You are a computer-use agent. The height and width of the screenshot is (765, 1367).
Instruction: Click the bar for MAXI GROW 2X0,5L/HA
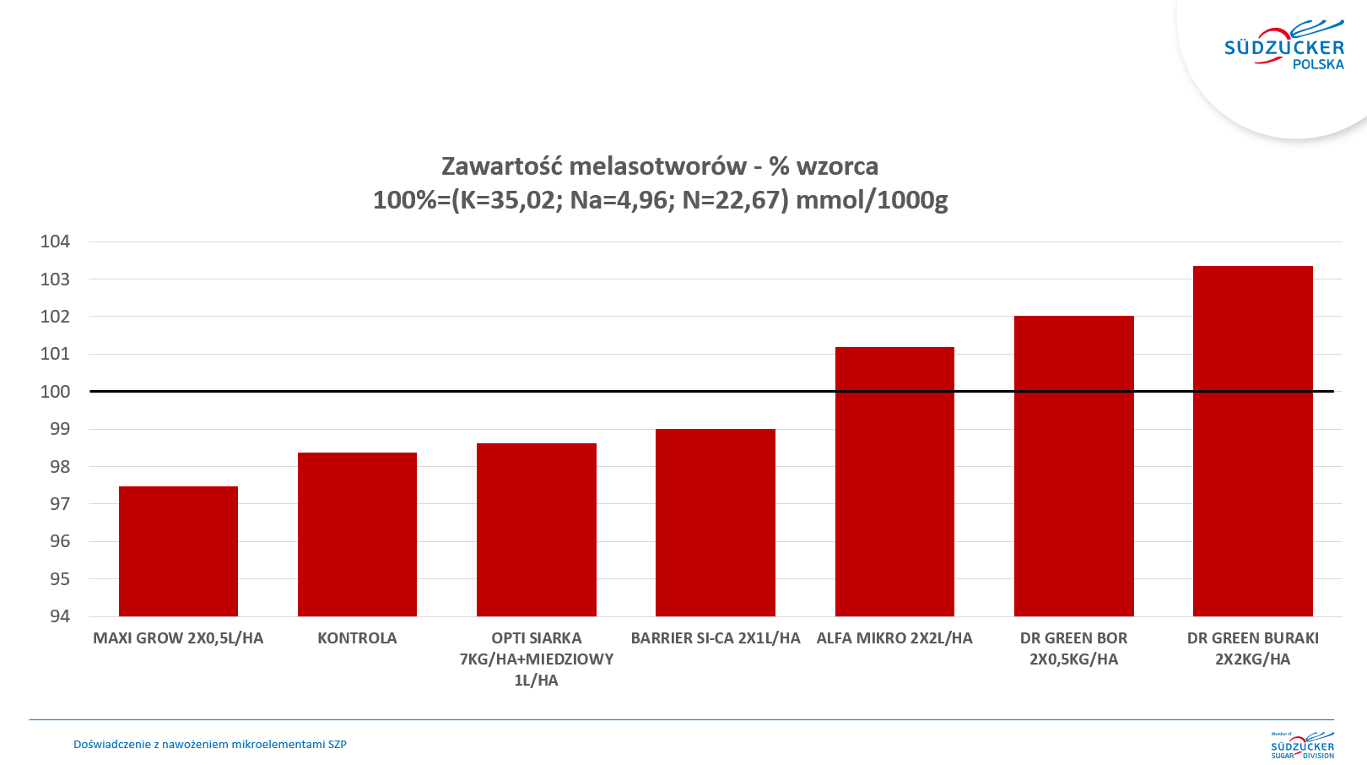tap(178, 551)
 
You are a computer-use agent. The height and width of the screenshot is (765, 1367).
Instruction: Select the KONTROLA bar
tap(357, 534)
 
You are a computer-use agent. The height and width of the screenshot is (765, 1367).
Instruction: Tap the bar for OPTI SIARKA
tap(537, 529)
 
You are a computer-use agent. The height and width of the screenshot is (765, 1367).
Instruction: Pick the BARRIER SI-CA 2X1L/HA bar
tap(716, 522)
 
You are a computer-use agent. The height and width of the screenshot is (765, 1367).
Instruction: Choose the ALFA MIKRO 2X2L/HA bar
tap(894, 481)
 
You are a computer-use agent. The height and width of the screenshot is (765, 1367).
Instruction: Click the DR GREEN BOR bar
tap(1073, 465)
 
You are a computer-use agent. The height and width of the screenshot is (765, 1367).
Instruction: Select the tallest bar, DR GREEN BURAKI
tap(1252, 441)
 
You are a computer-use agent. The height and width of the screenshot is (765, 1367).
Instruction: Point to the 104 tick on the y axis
tap(56, 241)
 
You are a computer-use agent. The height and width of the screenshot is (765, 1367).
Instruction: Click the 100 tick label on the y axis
tap(56, 392)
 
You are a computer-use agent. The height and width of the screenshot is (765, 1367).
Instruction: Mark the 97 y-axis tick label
tap(60, 504)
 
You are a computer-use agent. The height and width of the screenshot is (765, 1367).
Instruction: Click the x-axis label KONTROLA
tap(357, 638)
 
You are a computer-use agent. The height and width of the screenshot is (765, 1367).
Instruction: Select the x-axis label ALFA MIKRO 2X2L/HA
tap(894, 638)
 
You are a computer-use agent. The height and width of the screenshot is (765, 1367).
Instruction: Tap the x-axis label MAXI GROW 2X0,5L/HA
tap(178, 638)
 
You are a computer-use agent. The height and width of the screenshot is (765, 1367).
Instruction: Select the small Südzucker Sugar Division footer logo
tap(1302, 745)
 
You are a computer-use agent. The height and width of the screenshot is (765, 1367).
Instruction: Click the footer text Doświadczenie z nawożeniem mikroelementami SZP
tap(210, 745)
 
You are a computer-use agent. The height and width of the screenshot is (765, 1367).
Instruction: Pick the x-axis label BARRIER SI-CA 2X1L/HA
tap(716, 638)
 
